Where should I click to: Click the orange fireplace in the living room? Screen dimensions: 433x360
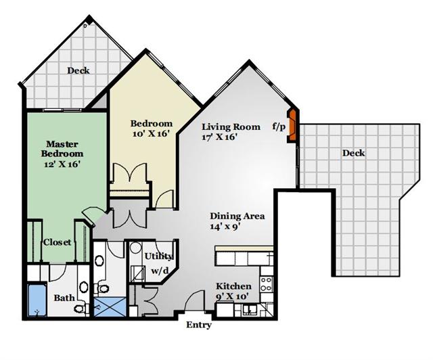292,125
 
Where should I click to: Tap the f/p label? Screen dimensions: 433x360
279,127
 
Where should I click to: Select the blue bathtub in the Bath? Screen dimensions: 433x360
37,300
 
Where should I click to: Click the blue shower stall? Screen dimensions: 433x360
110,307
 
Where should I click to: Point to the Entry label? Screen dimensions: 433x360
198,325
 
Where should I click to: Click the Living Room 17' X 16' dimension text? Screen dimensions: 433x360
219,137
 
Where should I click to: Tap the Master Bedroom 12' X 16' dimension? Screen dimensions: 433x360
62,164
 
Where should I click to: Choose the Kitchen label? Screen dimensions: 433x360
233,286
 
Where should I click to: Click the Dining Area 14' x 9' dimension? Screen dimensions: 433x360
224,227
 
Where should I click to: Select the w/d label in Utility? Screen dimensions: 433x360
160,271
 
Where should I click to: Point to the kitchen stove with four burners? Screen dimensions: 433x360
267,284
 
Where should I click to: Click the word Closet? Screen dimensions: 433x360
57,242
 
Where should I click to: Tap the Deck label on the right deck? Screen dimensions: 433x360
353,153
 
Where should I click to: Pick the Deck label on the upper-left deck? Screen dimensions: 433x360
78,71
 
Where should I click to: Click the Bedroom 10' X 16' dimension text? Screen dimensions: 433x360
150,134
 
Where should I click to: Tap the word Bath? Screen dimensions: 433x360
64,298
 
